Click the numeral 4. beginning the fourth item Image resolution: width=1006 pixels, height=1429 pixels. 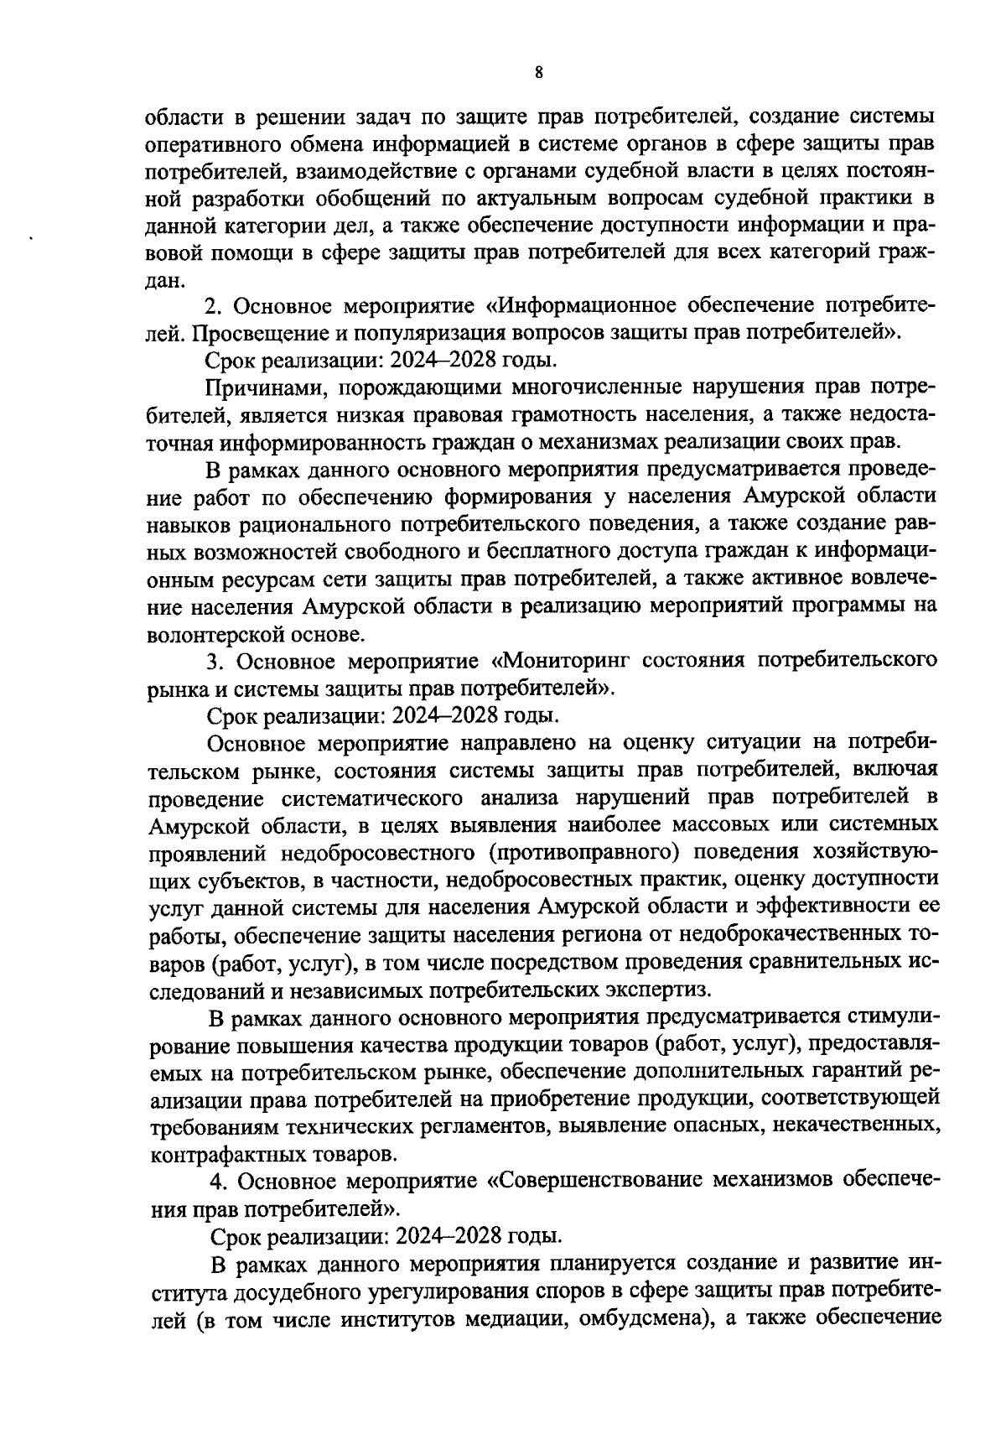tap(218, 1182)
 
